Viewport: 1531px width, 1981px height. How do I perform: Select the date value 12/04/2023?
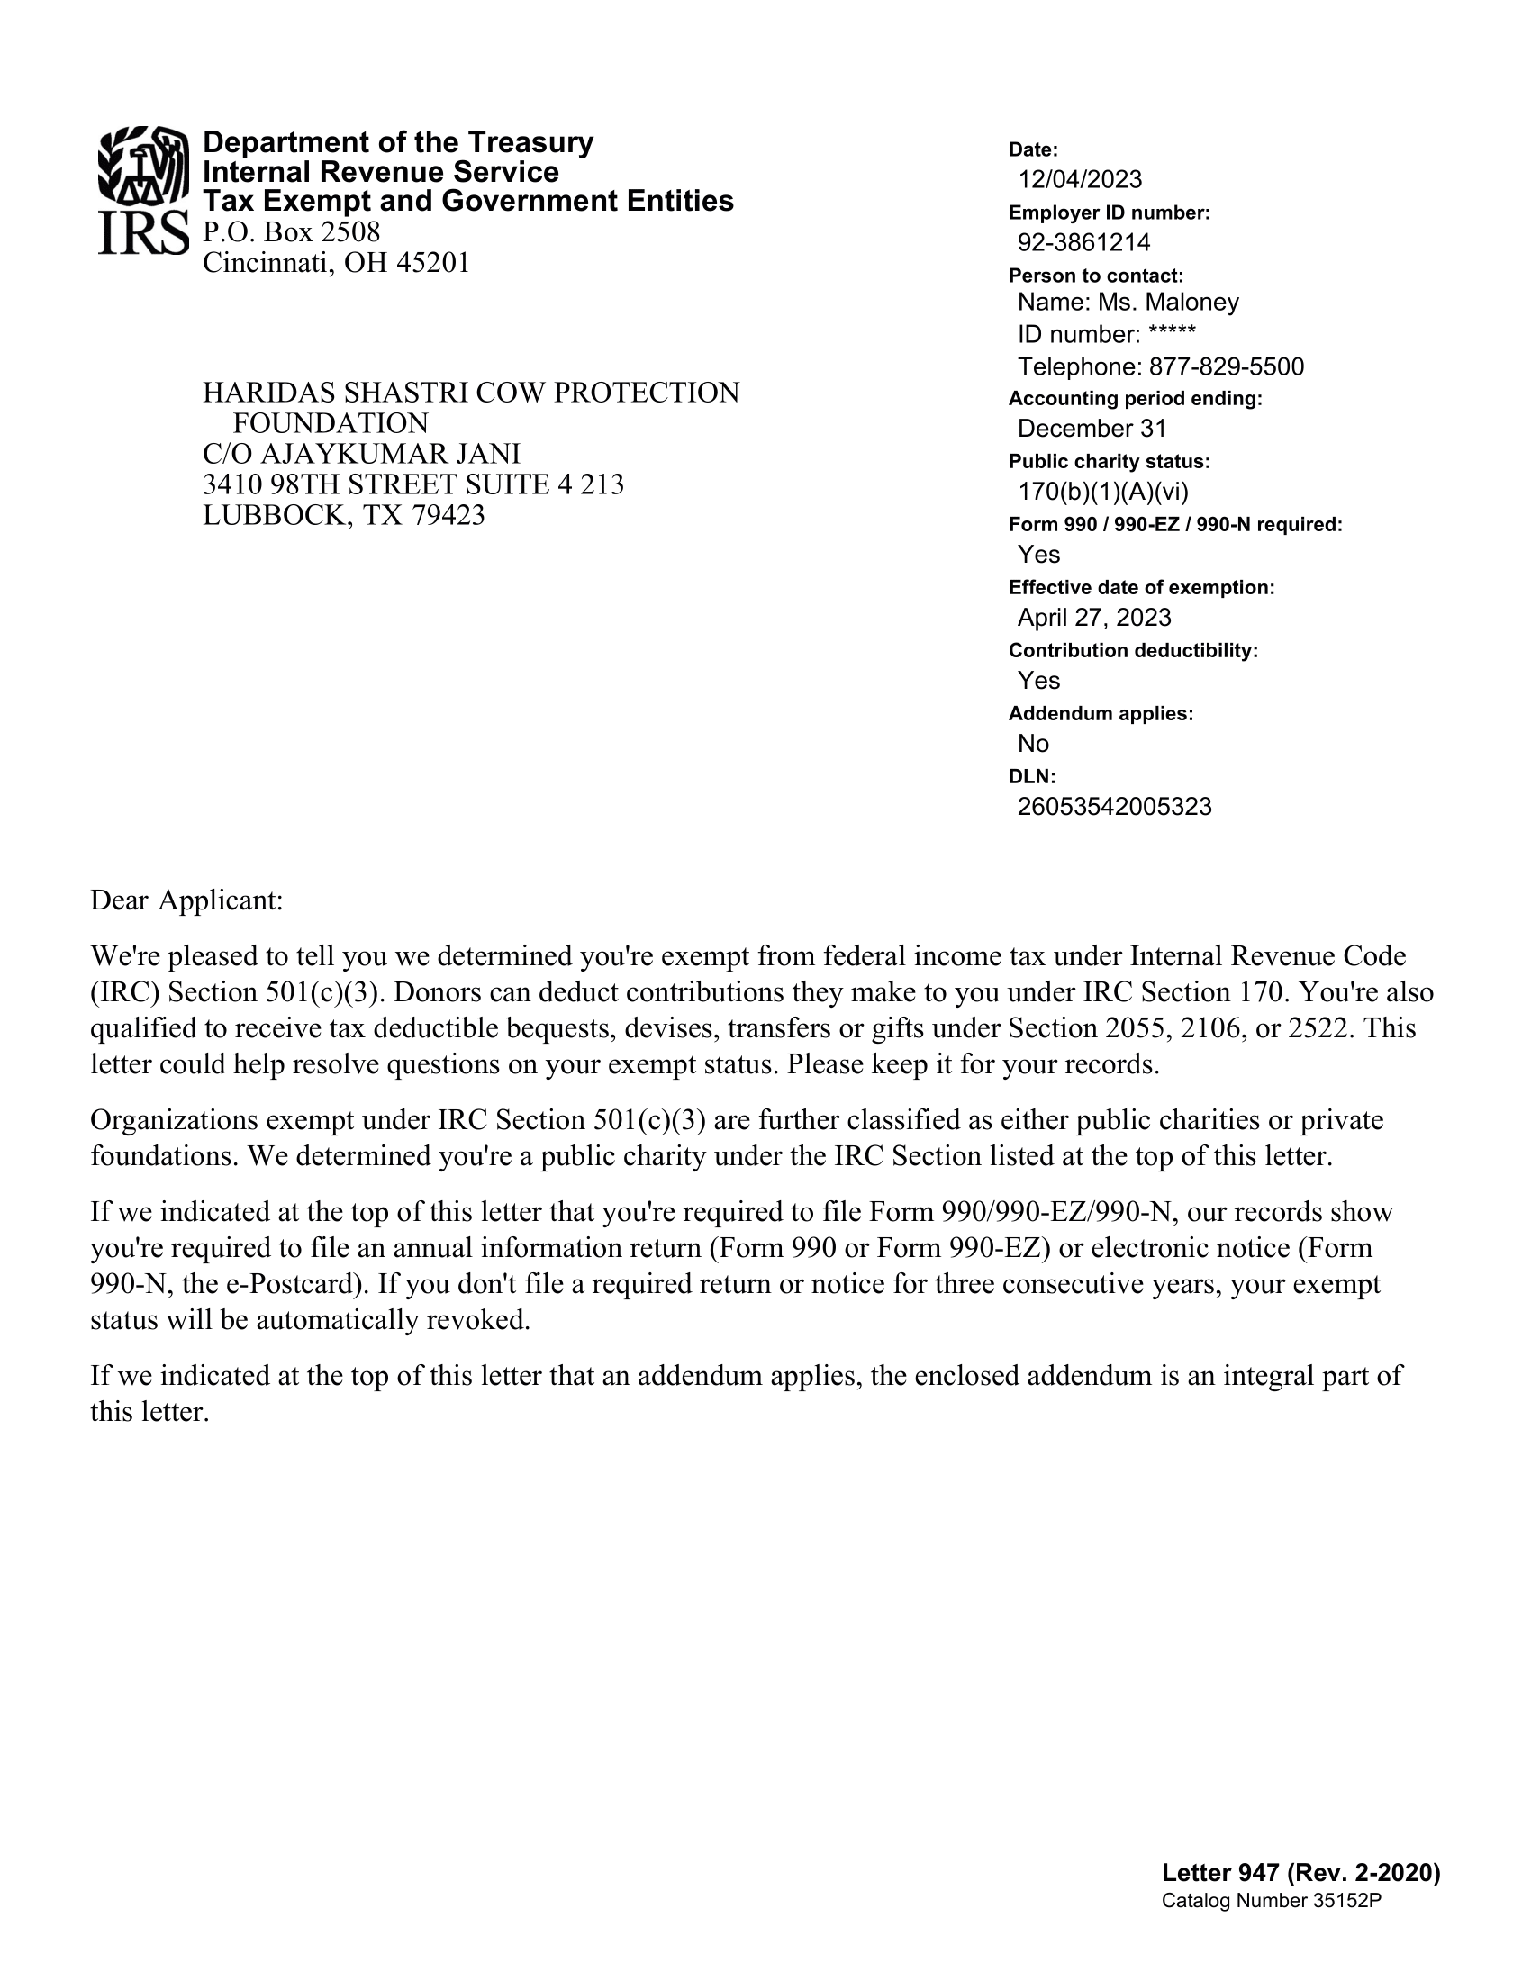pyautogui.click(x=1079, y=179)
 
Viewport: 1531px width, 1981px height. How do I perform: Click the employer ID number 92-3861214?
pyautogui.click(x=1083, y=242)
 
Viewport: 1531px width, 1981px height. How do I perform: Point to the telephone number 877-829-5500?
pyautogui.click(x=1227, y=366)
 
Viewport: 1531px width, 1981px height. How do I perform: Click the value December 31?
pyautogui.click(x=1092, y=428)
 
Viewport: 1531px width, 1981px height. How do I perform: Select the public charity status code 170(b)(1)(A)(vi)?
pyautogui.click(x=1103, y=492)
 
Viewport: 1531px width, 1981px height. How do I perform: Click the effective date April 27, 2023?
pyautogui.click(x=1094, y=618)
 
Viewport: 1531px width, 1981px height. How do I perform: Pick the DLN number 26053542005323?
pyautogui.click(x=1114, y=807)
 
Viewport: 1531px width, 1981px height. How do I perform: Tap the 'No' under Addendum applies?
pyautogui.click(x=1033, y=744)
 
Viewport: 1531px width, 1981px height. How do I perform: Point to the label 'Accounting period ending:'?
pyautogui.click(x=1135, y=398)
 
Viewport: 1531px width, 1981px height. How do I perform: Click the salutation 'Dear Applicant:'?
pyautogui.click(x=186, y=900)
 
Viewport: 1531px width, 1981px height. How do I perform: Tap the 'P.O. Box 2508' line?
pyautogui.click(x=291, y=232)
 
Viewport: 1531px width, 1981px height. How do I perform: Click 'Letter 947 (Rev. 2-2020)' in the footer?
pyautogui.click(x=1300, y=1872)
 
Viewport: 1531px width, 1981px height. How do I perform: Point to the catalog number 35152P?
pyautogui.click(x=1346, y=1901)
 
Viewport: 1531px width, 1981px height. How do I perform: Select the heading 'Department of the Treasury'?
pyautogui.click(x=397, y=142)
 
